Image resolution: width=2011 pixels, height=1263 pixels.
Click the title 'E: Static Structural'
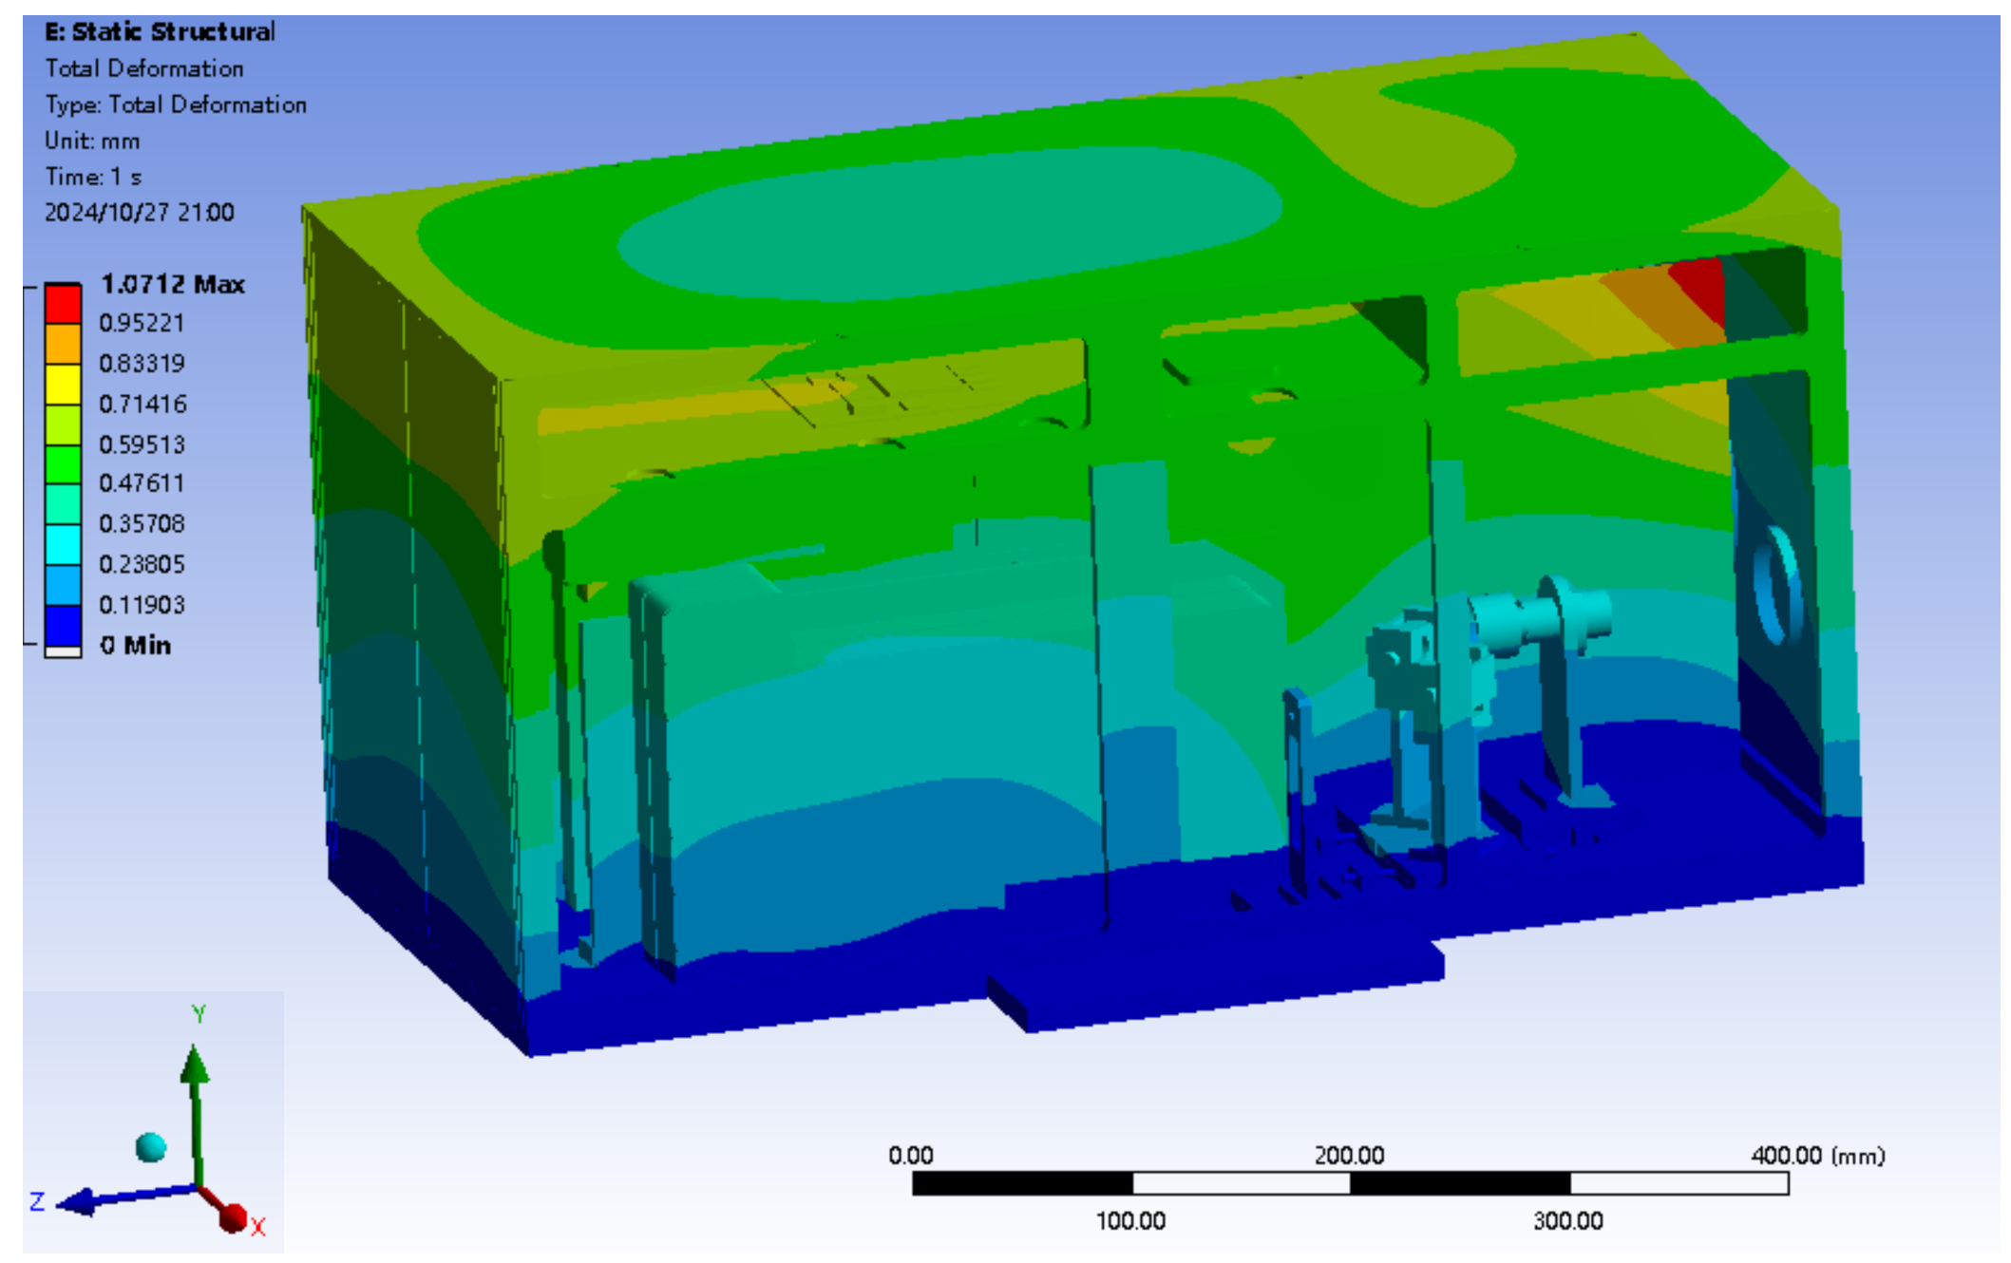tap(160, 31)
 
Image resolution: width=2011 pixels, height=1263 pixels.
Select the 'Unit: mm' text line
tap(92, 141)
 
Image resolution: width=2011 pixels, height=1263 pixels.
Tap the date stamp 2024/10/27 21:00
tap(140, 212)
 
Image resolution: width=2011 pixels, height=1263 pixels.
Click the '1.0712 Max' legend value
tap(173, 284)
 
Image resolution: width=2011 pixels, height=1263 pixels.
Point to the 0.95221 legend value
tap(142, 323)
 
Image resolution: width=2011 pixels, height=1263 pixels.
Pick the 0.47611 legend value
tap(142, 482)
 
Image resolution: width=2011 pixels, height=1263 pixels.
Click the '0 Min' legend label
tap(136, 645)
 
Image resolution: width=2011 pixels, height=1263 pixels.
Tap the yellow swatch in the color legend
tap(63, 385)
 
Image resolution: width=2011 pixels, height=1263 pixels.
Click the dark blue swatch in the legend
tap(63, 626)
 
